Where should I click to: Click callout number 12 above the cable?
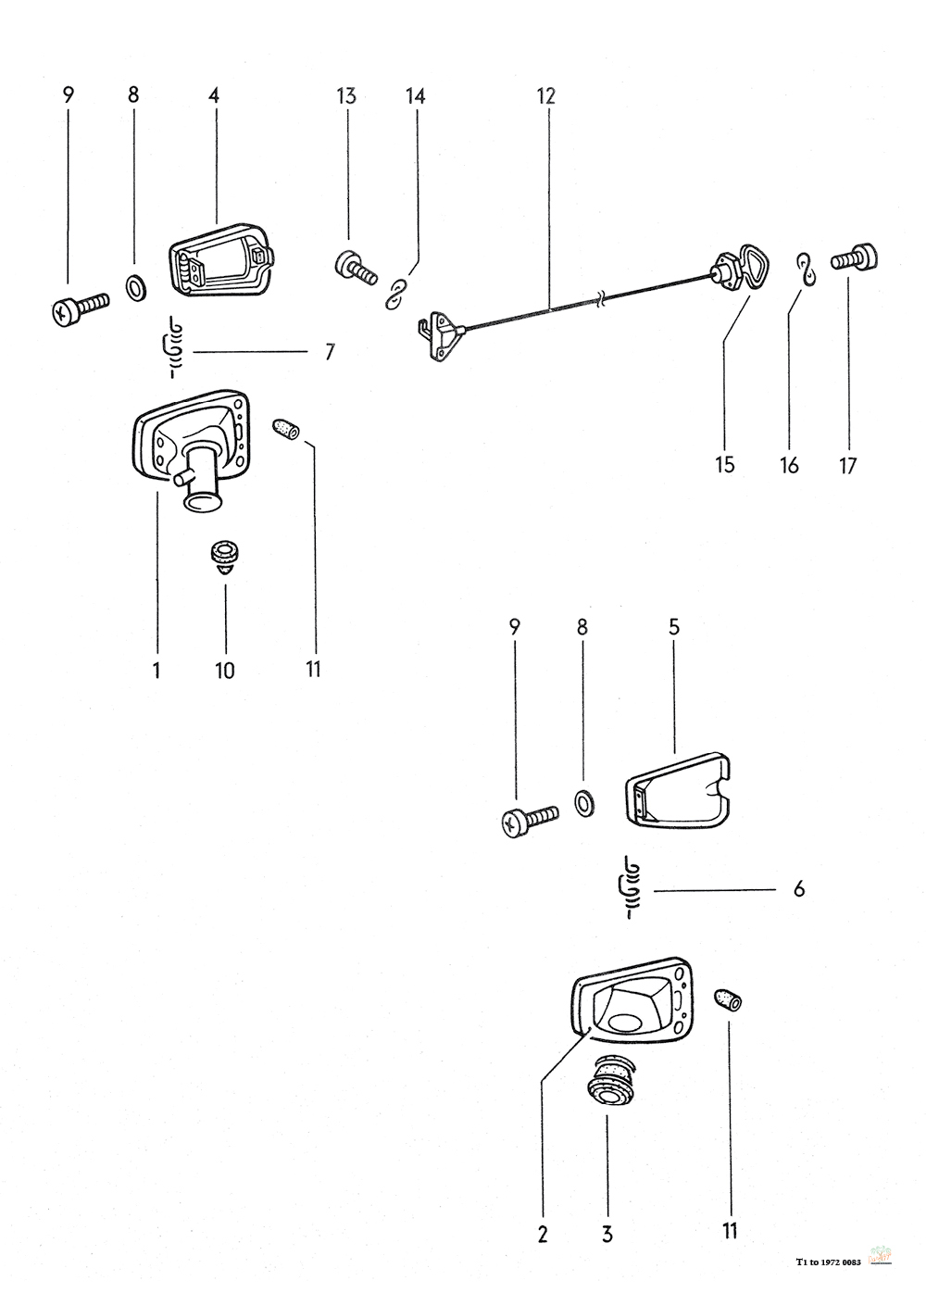pyautogui.click(x=544, y=95)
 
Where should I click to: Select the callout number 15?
pyautogui.click(x=725, y=464)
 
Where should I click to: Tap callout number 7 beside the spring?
pyautogui.click(x=330, y=352)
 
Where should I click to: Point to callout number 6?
pyautogui.click(x=798, y=890)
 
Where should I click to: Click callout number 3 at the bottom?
pyautogui.click(x=607, y=1234)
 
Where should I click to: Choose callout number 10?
pyautogui.click(x=225, y=670)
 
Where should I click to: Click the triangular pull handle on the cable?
pyautogui.click(x=741, y=272)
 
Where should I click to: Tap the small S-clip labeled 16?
pyautogui.click(x=806, y=270)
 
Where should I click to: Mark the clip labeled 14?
pyautogui.click(x=398, y=291)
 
